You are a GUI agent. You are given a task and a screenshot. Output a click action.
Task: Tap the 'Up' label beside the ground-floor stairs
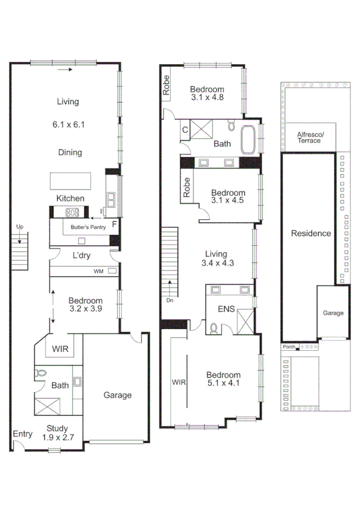click(20, 227)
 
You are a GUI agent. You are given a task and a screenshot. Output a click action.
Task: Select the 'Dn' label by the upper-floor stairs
click(170, 300)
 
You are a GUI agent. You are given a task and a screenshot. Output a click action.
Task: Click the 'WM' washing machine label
click(98, 272)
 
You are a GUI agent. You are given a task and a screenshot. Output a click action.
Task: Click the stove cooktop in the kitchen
click(73, 212)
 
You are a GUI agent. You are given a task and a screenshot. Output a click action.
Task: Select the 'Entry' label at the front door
click(22, 434)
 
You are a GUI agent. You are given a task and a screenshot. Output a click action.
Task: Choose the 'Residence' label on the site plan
click(311, 233)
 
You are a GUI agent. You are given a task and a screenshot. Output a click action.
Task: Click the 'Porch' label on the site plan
click(288, 347)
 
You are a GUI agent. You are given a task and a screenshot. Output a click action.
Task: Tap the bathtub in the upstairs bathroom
click(249, 139)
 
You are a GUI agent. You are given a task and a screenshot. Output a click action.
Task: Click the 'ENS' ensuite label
click(225, 311)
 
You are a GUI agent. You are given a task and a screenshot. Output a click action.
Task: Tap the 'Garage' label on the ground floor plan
click(117, 395)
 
